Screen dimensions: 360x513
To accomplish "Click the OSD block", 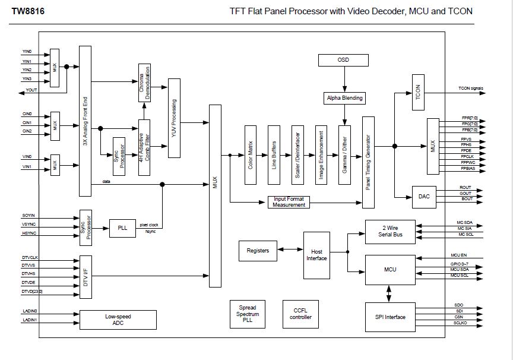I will [x=343, y=60].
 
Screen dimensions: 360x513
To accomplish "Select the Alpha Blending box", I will [x=343, y=97].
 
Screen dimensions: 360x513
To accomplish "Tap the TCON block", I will [x=417, y=90].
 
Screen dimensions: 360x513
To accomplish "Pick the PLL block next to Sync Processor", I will [x=122, y=228].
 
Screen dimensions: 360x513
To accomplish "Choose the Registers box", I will [x=258, y=251].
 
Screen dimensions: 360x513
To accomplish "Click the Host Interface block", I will [x=316, y=255].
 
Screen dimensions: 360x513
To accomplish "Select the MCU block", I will [x=390, y=269].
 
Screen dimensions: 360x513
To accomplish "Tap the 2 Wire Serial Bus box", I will [x=390, y=231].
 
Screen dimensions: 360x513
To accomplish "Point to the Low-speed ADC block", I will [x=118, y=320].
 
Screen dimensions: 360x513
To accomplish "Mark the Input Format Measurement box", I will [x=289, y=202].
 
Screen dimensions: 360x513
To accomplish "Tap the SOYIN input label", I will [x=29, y=215].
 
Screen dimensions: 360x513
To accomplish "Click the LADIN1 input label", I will [x=30, y=320].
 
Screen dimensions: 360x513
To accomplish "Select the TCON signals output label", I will [x=470, y=89].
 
